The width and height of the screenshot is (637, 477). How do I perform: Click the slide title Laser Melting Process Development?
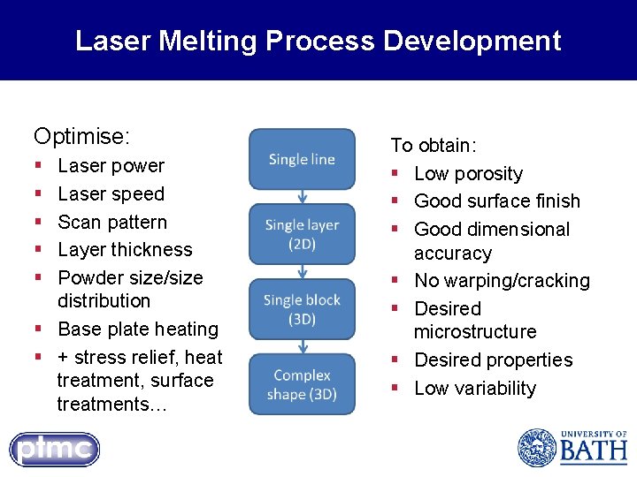tap(318, 41)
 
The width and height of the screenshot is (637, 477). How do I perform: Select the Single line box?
tap(302, 159)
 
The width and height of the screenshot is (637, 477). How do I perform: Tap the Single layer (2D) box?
tap(302, 234)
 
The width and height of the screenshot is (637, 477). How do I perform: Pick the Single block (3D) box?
tap(302, 309)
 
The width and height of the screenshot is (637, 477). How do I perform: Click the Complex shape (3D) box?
tap(302, 384)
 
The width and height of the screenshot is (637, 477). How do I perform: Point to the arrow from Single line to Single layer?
tap(302, 197)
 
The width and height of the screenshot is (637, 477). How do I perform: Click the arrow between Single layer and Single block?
tap(302, 272)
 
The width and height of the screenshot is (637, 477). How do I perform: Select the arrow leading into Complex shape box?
tap(302, 347)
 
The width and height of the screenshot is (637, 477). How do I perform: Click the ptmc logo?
tap(55, 450)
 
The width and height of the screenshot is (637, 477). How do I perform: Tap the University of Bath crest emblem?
tap(536, 448)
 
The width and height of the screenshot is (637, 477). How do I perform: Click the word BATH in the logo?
tap(593, 452)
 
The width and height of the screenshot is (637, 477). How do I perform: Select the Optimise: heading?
tap(81, 136)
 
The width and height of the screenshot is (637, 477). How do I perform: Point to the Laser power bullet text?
tap(111, 166)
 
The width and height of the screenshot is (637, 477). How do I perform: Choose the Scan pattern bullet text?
tap(111, 222)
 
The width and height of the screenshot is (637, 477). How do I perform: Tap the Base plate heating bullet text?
tap(137, 329)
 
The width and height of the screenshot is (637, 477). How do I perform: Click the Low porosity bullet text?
tap(468, 174)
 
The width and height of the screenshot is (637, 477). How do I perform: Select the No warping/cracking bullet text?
tap(502, 281)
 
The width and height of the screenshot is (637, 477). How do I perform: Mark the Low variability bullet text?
tap(475, 389)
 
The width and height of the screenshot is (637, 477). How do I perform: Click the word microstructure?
tap(475, 332)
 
